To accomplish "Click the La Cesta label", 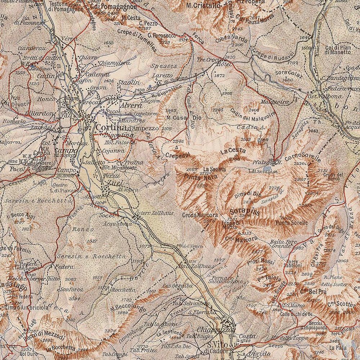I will click(x=233, y=150).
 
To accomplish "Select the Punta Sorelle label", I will click(x=291, y=223).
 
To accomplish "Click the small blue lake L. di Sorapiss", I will click(x=267, y=168).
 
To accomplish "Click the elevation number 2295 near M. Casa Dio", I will click(x=218, y=110).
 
